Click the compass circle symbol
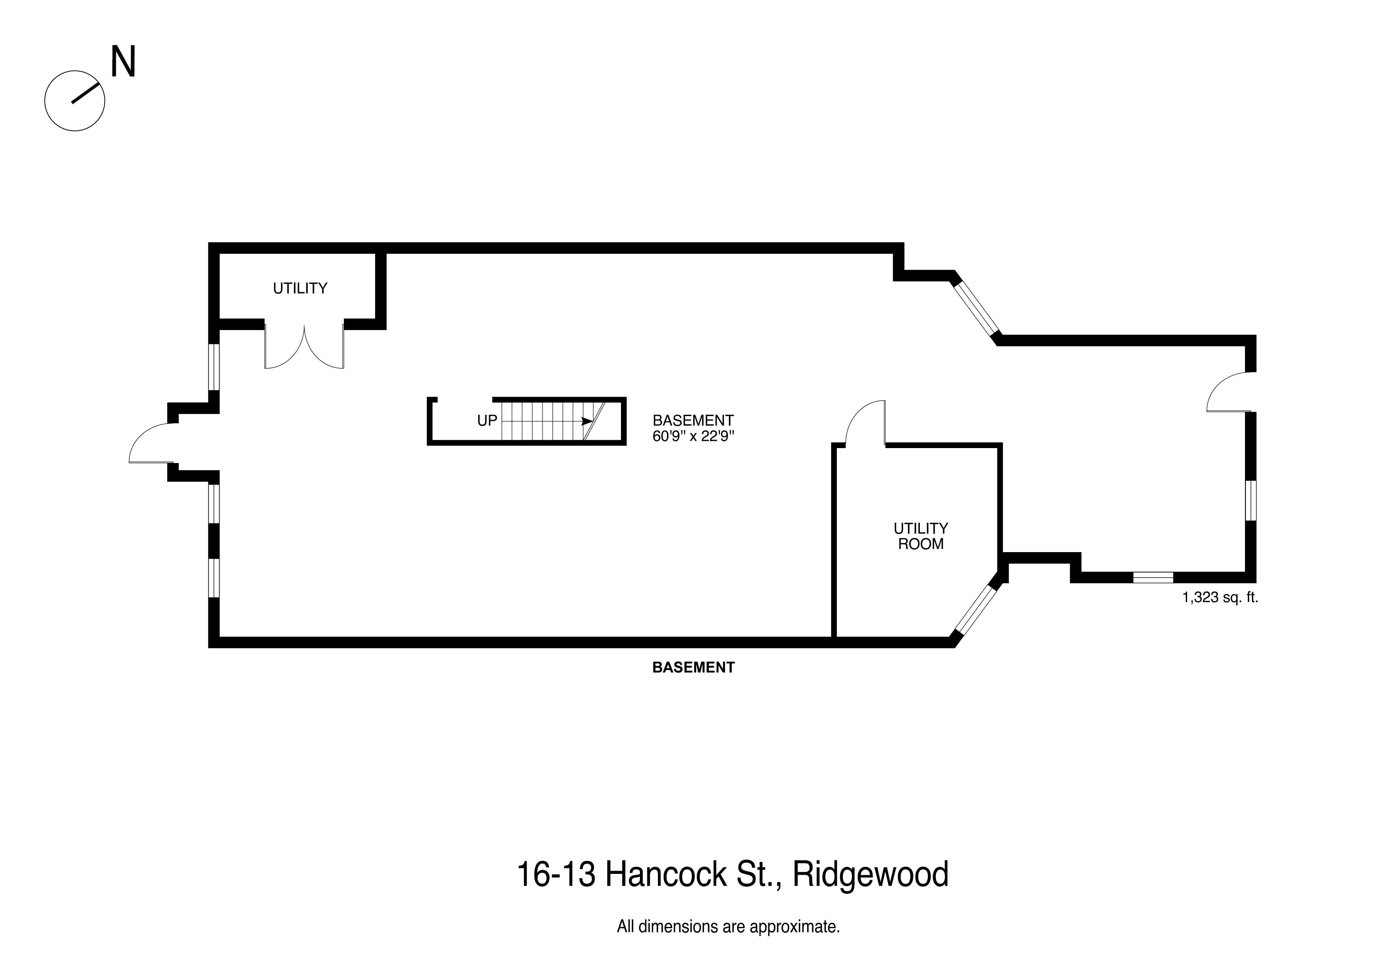75,101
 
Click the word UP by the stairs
487,421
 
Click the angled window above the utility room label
975,308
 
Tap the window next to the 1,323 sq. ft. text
1152,577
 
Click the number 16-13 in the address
555,875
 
